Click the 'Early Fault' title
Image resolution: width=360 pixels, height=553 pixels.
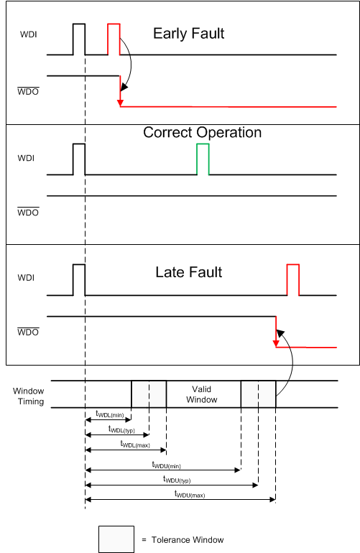pos(188,34)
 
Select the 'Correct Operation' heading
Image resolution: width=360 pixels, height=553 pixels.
pos(202,133)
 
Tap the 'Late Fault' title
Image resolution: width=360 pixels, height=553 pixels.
pos(189,272)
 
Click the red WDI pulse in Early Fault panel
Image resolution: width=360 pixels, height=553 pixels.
pos(114,39)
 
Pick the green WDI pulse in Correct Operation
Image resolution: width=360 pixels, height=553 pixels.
pos(203,159)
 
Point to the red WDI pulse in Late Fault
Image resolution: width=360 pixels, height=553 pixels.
pos(292,279)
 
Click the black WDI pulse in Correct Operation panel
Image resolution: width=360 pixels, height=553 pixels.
pos(78,159)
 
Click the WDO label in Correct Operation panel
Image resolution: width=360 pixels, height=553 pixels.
pos(27,212)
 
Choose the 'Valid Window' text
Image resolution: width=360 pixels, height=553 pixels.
pos(202,394)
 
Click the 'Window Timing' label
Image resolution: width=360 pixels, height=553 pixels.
pos(29,396)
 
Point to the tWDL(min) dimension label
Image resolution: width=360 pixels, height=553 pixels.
pos(110,413)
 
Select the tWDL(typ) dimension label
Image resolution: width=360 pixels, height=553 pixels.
pos(124,429)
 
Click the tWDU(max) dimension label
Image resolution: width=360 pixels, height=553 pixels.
pos(190,493)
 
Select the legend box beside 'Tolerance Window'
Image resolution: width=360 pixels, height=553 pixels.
pos(116,539)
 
